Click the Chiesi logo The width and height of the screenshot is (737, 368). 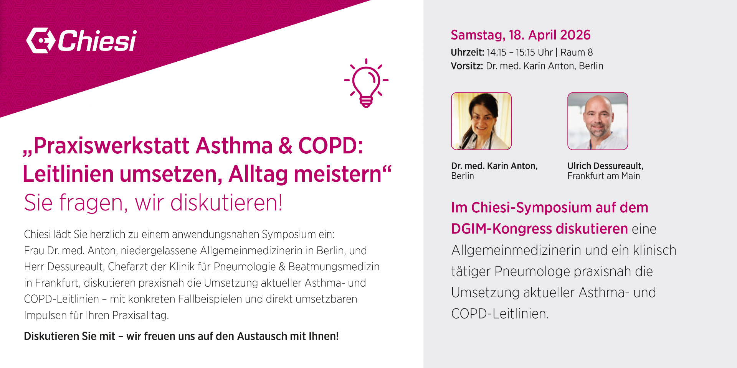tap(81, 40)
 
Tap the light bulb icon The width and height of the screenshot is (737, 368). tap(366, 83)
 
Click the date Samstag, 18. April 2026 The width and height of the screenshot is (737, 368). tap(521, 35)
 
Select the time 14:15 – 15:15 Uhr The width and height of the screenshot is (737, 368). tap(520, 52)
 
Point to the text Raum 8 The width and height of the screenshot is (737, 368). tap(577, 52)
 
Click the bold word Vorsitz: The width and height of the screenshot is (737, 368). tap(467, 66)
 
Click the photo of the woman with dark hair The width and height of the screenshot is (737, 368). tap(481, 121)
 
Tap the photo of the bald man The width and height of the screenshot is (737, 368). tap(598, 121)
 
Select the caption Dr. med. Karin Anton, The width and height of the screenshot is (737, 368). tap(494, 166)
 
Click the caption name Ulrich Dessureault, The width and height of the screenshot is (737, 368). tap(605, 166)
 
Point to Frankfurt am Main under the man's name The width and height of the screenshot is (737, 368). tap(604, 176)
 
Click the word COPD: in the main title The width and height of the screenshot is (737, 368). tap(330, 146)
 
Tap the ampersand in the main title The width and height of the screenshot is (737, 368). tap(285, 146)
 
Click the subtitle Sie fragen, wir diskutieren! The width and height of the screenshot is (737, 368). tap(153, 202)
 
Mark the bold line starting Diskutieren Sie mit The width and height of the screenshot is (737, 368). tap(181, 336)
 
